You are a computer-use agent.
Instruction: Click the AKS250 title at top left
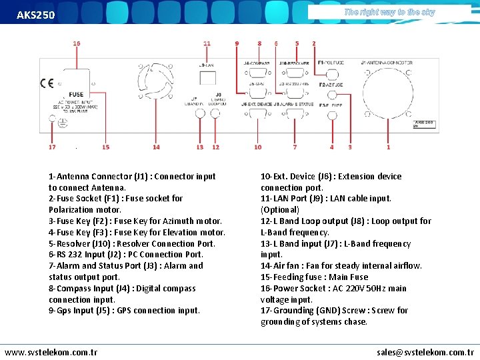coord(36,15)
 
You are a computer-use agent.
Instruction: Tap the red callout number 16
coord(77,43)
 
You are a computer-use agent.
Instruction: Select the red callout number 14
coord(156,147)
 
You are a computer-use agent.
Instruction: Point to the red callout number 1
coord(389,147)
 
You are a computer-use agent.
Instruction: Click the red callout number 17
coord(52,147)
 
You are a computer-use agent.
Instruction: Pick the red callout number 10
coord(258,147)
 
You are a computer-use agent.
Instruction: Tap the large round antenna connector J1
coord(389,93)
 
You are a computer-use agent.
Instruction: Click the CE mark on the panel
coord(47,83)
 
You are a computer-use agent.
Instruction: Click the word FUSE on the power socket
coord(76,95)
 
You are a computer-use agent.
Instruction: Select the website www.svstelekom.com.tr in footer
coord(51,351)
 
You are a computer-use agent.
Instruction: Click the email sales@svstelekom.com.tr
coord(425,351)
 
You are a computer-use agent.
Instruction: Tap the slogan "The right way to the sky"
coord(389,12)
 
